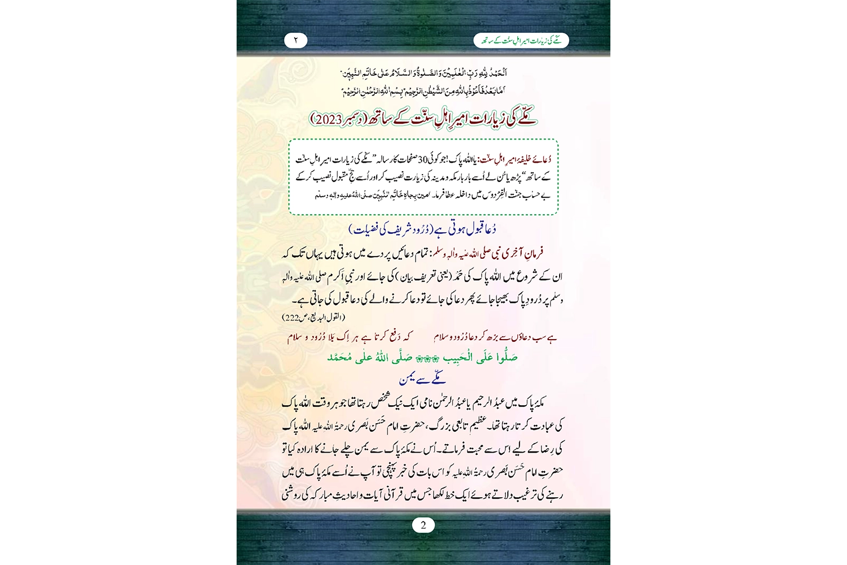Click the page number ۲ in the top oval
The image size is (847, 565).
coord(296,40)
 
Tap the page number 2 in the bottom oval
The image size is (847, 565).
coord(423,525)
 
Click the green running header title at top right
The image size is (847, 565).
coord(521,41)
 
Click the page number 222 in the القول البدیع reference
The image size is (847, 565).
coord(293,318)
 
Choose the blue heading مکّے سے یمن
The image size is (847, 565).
coord(422,379)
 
